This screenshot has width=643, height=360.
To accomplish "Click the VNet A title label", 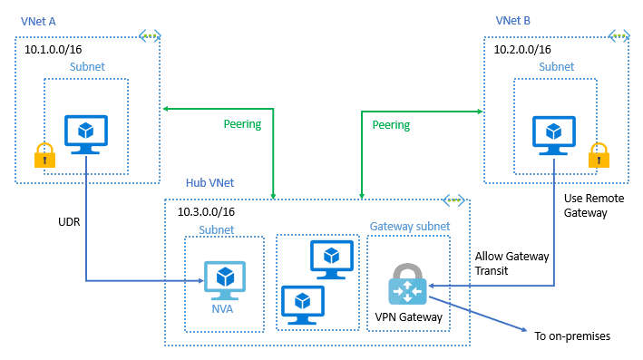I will (x=41, y=20).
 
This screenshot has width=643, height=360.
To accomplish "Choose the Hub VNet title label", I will (x=209, y=183).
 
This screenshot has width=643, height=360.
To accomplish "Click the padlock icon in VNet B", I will (x=598, y=155).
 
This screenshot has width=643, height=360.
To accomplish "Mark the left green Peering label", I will (x=242, y=124).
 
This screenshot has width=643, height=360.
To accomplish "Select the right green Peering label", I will (x=391, y=124).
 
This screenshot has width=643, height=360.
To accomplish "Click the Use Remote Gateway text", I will (x=585, y=205).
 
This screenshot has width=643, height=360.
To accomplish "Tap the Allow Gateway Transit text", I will (x=511, y=264).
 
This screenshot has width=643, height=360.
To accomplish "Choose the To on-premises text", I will (x=572, y=336).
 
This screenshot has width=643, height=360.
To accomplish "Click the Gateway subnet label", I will (x=407, y=225).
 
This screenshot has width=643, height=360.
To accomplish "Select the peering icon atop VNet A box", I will (x=150, y=36).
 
